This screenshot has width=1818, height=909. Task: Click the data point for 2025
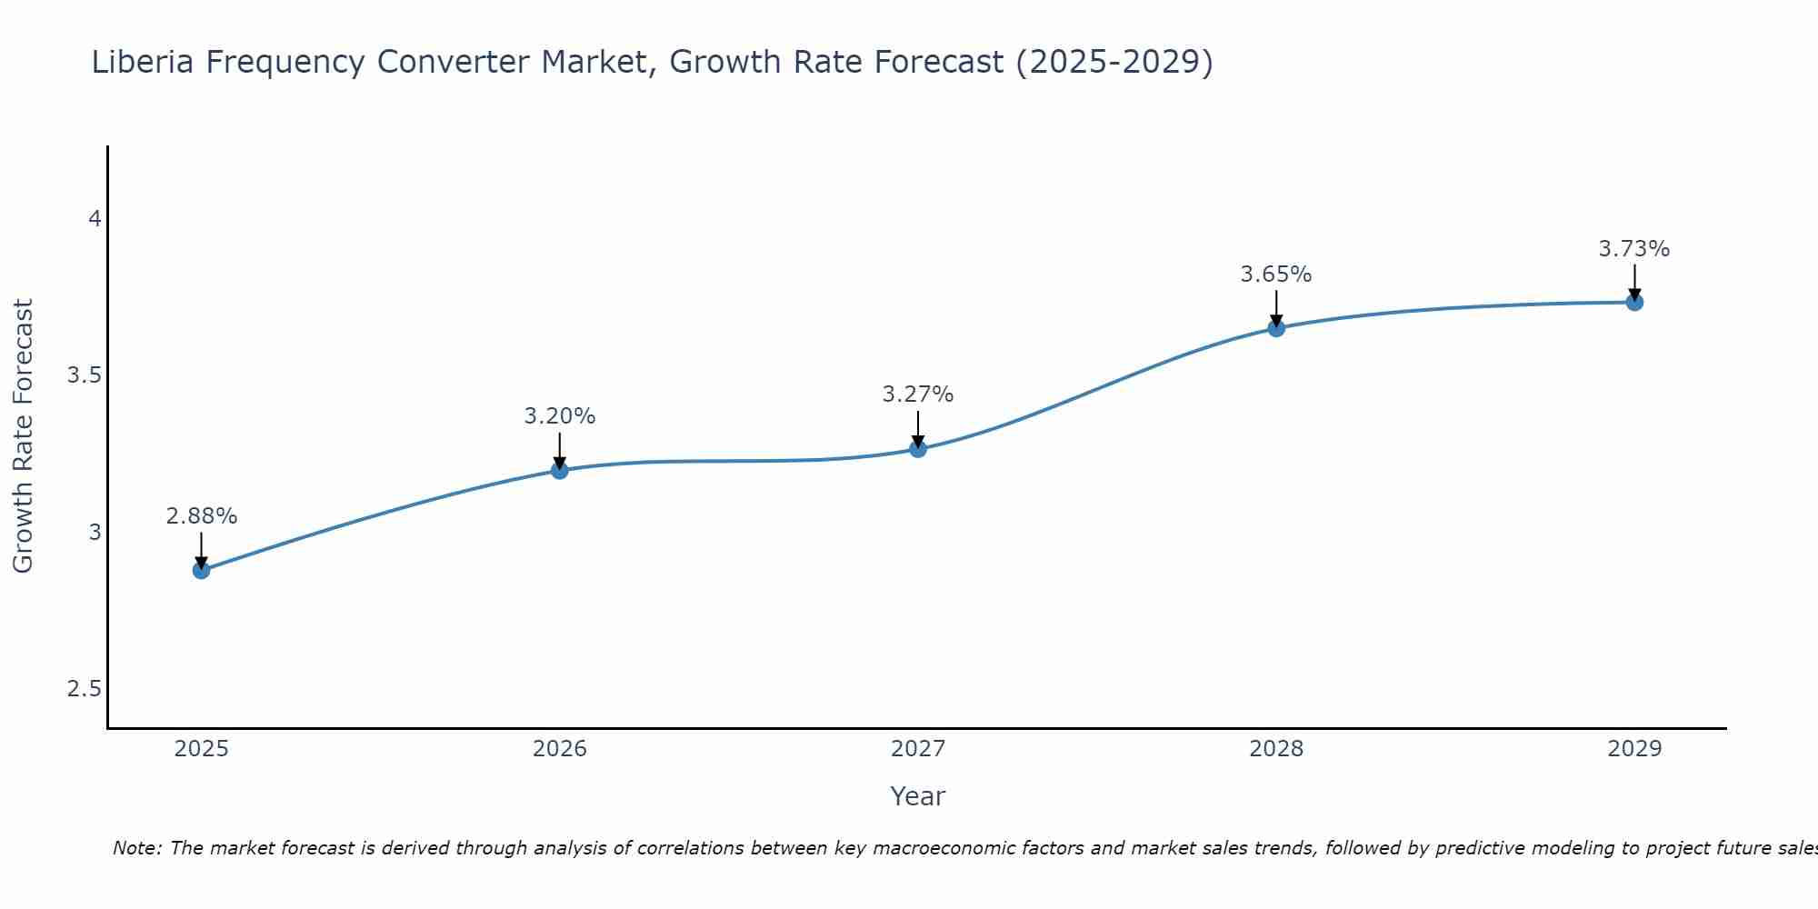point(201,570)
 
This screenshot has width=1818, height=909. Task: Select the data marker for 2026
point(559,470)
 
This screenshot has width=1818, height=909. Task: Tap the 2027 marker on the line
point(918,449)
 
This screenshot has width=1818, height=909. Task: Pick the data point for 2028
point(1276,328)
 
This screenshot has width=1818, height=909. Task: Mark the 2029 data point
point(1634,302)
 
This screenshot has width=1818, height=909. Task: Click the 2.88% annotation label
point(201,516)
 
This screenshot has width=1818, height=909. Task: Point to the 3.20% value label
point(559,416)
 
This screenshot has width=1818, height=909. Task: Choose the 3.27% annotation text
point(918,395)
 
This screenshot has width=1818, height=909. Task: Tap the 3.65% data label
point(1276,275)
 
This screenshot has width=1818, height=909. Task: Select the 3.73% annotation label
point(1634,249)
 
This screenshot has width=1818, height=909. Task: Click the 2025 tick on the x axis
point(201,749)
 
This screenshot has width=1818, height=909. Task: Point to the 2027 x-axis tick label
point(918,749)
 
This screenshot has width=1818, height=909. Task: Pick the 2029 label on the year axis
point(1634,749)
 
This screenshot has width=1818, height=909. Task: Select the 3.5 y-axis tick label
point(85,375)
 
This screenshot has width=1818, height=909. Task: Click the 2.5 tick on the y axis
point(85,689)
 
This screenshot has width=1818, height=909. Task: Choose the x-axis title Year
point(918,796)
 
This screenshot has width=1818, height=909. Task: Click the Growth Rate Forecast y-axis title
point(23,436)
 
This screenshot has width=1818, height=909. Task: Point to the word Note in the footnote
point(136,848)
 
